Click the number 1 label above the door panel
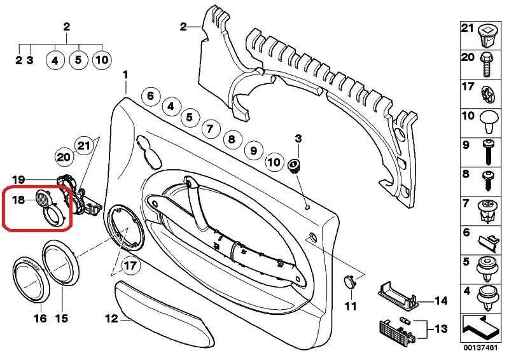[x=125, y=75]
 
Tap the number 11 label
[x=351, y=307]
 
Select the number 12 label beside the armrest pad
[x=111, y=319]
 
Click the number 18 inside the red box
[x=18, y=200]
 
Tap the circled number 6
[x=150, y=97]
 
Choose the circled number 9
[x=253, y=151]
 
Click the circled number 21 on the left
[x=84, y=146]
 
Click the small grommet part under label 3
[x=295, y=167]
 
